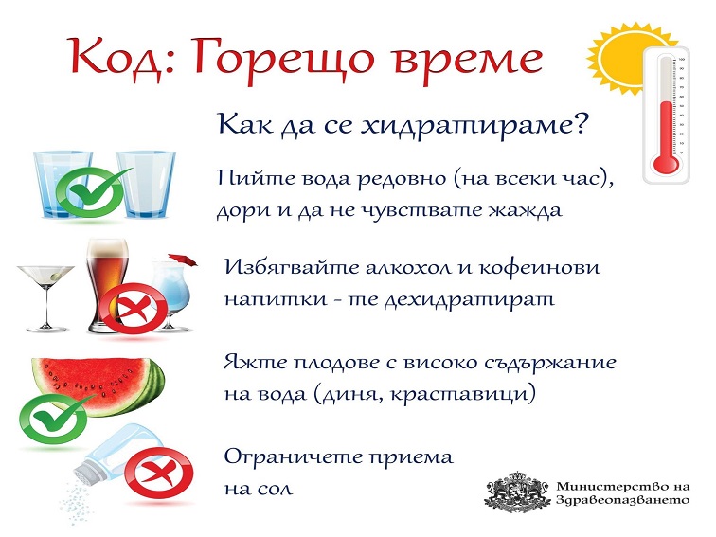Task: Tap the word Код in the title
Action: click(x=116, y=57)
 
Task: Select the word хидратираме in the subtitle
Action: click(x=473, y=125)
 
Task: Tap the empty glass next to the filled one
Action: click(x=146, y=185)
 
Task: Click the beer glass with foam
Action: click(x=108, y=284)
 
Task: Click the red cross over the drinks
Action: click(x=134, y=307)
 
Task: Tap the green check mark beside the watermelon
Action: click(x=54, y=418)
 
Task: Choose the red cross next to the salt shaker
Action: click(x=159, y=474)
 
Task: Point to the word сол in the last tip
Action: click(x=273, y=489)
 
